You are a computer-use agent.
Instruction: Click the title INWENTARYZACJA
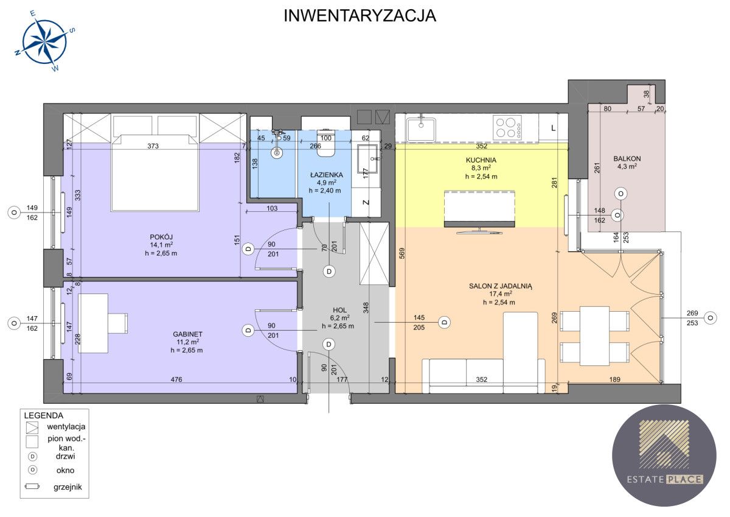click(360, 16)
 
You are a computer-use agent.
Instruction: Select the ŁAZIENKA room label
click(326, 175)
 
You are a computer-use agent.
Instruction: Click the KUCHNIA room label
click(481, 160)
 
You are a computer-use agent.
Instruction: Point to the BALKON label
click(627, 158)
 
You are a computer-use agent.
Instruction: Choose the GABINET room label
click(187, 334)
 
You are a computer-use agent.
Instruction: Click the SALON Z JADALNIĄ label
click(501, 286)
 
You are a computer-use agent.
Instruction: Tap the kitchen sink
click(421, 129)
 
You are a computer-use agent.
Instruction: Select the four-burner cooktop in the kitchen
click(507, 127)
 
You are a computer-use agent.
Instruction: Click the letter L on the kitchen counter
click(553, 128)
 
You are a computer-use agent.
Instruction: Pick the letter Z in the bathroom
click(366, 202)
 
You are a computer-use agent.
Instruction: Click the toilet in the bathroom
click(326, 144)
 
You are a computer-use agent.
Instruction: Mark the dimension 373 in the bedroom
click(153, 146)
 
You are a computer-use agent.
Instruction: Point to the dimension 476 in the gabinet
click(176, 379)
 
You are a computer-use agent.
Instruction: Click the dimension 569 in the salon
click(402, 253)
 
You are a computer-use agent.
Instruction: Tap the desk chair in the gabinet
click(117, 323)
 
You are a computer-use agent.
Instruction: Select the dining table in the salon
click(594, 336)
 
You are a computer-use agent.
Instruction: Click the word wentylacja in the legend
click(66, 426)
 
